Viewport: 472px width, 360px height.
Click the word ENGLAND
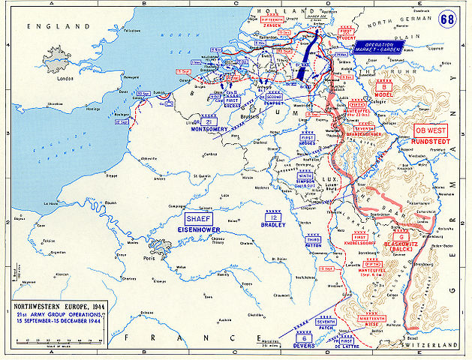[47, 26]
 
